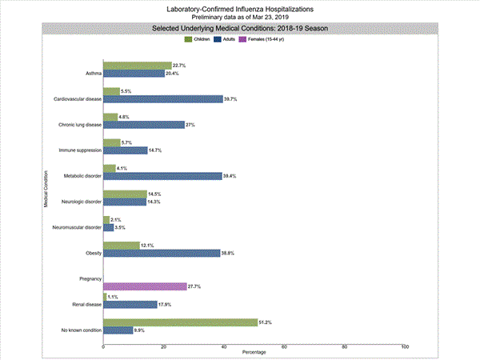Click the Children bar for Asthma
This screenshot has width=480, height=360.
pyautogui.click(x=137, y=66)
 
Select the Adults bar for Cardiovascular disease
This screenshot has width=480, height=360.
pyautogui.click(x=163, y=99)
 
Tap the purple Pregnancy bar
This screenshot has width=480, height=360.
pyautogui.click(x=145, y=286)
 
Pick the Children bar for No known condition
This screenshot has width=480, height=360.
pyautogui.click(x=180, y=322)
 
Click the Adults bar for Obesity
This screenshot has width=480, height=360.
pyautogui.click(x=162, y=253)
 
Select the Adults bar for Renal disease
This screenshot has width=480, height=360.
pyautogui.click(x=130, y=304)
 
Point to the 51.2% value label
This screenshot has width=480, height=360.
pyautogui.click(x=266, y=322)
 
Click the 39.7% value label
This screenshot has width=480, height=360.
pyautogui.click(x=231, y=99)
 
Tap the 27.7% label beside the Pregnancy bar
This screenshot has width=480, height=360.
pyautogui.click(x=194, y=286)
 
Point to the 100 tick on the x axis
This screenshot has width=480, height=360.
pyautogui.click(x=405, y=346)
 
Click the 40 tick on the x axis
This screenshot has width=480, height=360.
pyautogui.click(x=224, y=346)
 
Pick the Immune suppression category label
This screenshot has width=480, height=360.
pyautogui.click(x=78, y=150)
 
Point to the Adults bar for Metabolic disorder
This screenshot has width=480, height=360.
pyautogui.click(x=162, y=176)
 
